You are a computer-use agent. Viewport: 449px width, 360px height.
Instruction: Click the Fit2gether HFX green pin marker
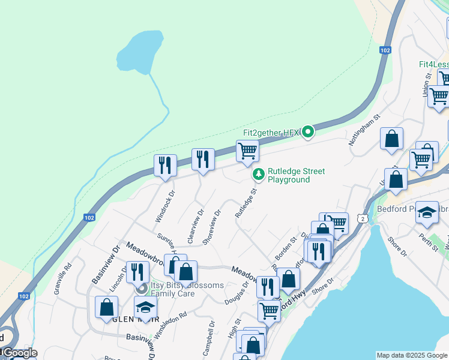(x=308, y=131)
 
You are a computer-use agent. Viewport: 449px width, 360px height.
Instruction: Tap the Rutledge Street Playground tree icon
(x=259, y=175)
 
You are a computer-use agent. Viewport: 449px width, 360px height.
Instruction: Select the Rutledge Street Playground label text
(x=296, y=175)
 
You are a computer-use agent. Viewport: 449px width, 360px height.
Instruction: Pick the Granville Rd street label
(x=63, y=275)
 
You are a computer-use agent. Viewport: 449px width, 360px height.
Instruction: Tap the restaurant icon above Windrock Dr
(x=165, y=165)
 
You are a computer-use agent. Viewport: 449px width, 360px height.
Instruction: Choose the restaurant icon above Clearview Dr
(x=203, y=159)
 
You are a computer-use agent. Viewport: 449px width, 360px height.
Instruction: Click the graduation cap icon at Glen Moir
(x=145, y=308)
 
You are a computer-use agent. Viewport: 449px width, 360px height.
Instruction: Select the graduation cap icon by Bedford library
(x=427, y=212)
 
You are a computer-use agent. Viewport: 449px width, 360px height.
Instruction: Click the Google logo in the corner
(x=19, y=353)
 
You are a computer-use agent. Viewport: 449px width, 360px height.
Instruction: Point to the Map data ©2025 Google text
(x=412, y=355)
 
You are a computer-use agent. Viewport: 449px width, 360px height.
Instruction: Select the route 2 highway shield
(x=363, y=219)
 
